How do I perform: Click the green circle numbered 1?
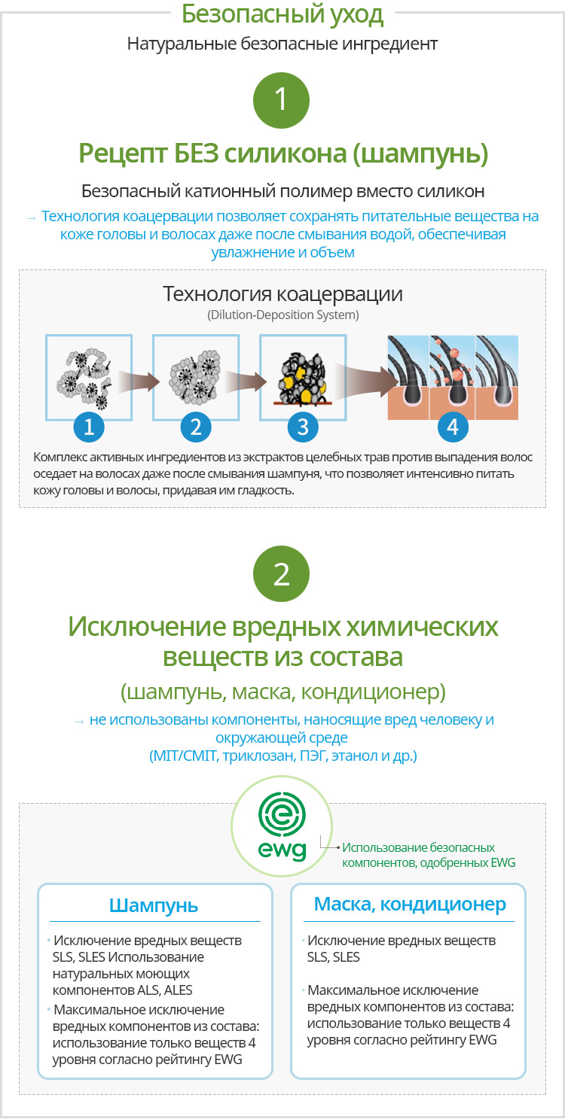coord(282,100)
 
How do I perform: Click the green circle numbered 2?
coord(282,573)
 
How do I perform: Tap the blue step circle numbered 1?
coord(89,427)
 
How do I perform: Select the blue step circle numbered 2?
coord(196,427)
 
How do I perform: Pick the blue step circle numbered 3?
coord(303,427)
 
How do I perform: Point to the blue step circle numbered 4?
coord(453,427)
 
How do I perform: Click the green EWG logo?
coord(282,827)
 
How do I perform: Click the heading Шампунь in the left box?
coord(154,906)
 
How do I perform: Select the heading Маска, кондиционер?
coord(410,905)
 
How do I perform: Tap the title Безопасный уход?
coord(282,14)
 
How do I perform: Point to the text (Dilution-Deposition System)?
coord(283,315)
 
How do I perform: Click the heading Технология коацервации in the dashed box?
coord(282,294)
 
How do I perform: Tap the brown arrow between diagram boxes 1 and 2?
coord(139,382)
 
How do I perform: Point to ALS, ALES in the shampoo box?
coord(164,990)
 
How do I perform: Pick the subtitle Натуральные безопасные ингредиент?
coord(282,44)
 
